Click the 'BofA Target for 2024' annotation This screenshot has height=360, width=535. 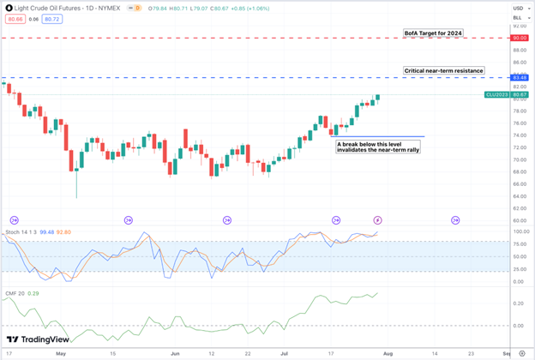(x=433, y=33)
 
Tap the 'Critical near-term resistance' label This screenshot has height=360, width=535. (x=443, y=69)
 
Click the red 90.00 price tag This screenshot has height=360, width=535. (x=518, y=39)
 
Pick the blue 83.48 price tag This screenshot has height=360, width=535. (x=518, y=78)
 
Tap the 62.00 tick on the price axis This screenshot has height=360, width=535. (x=518, y=207)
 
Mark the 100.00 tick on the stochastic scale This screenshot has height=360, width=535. (x=518, y=231)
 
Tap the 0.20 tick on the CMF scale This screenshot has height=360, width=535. (x=518, y=303)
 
